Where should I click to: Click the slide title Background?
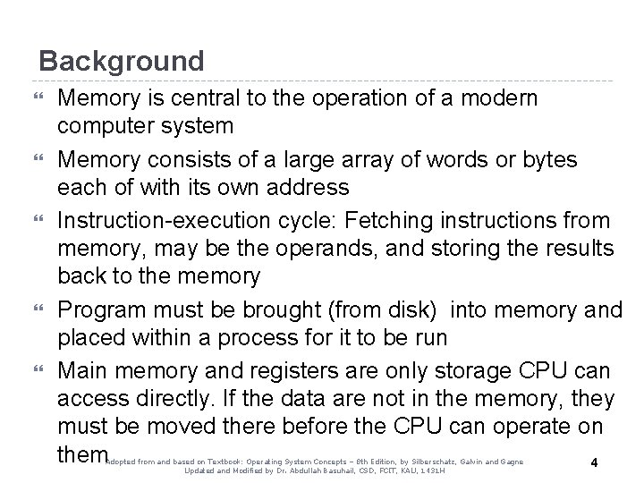[x=122, y=62]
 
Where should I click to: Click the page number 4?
[x=595, y=462]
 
